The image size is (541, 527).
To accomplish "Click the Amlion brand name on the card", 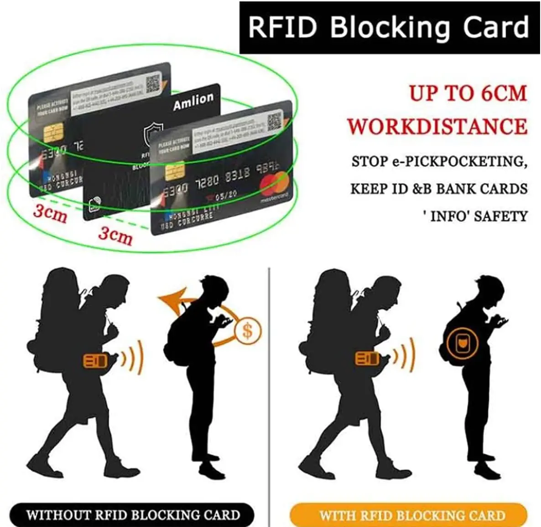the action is coord(193,101).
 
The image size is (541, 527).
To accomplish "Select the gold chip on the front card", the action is coord(174,171).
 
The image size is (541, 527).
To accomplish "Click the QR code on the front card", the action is coord(275,121).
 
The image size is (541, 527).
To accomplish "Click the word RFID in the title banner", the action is coord(283,27).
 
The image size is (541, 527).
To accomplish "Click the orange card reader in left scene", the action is coord(95,361).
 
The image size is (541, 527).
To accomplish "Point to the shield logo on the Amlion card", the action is coord(153,132).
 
